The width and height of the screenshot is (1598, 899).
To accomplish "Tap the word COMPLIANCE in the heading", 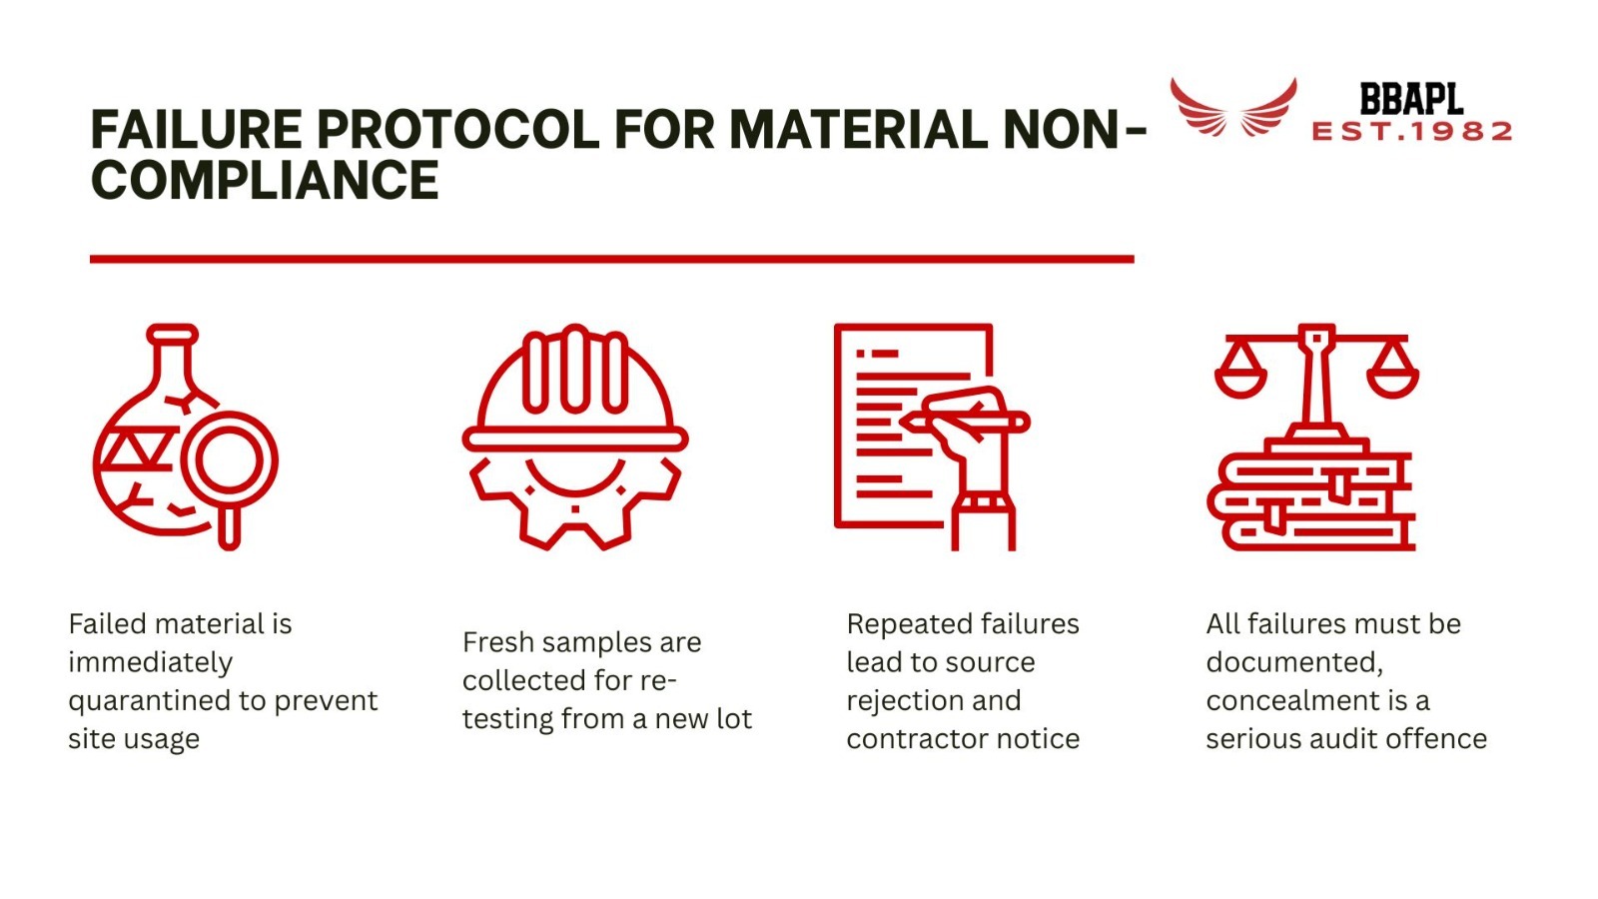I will [265, 181].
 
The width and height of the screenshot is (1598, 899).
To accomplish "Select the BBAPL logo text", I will [1411, 100].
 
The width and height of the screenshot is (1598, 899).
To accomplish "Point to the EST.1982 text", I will [1411, 132].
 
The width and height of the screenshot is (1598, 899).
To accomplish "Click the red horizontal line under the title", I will [611, 259].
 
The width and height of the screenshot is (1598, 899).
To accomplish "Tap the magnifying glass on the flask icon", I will [230, 462].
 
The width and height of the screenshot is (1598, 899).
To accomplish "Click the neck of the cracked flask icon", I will [173, 360].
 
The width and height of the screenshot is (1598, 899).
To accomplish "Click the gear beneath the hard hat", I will [574, 509].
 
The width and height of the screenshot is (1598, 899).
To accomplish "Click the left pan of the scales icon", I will [1240, 375].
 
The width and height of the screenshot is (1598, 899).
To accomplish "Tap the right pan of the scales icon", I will [1392, 375].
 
